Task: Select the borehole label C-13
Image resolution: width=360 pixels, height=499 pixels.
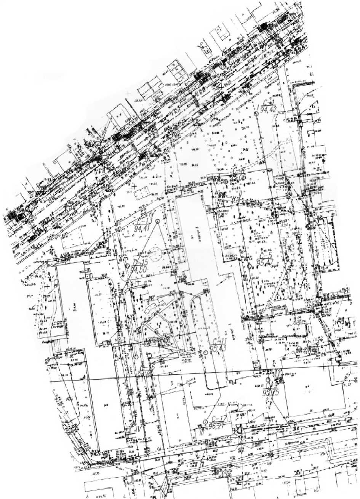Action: [142, 221]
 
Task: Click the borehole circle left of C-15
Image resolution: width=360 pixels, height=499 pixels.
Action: [126, 266]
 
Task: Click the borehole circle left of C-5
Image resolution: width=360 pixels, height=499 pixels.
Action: [250, 266]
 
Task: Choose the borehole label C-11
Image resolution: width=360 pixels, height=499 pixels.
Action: [220, 342]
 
